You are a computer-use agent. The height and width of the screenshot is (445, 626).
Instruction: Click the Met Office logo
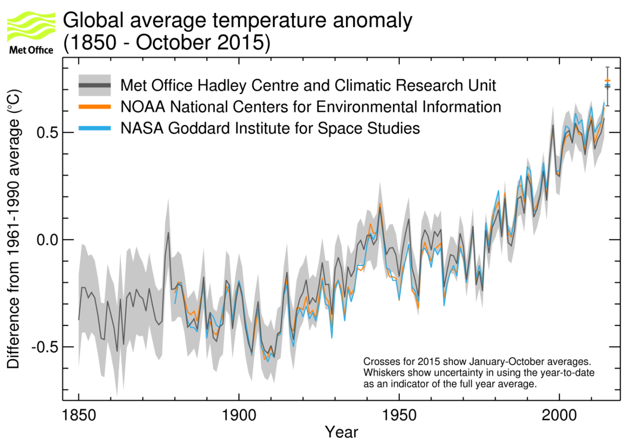point(31,33)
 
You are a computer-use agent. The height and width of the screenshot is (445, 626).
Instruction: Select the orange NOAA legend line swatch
point(94,107)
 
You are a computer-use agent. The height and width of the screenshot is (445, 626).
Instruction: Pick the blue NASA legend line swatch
point(94,128)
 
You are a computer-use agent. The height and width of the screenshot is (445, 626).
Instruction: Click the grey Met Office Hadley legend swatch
point(94,85)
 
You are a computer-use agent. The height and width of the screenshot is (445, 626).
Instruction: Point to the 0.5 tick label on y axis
point(48,133)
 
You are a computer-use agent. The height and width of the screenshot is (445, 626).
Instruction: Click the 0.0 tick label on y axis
point(48,240)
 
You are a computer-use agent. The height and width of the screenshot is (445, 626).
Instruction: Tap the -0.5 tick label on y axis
point(45,347)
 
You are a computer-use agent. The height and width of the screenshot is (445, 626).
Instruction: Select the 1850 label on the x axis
point(79,415)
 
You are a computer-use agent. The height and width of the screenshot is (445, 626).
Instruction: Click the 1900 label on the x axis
point(239,415)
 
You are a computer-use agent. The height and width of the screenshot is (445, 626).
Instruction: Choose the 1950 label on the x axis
point(399,415)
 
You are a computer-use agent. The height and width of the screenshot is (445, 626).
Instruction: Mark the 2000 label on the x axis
point(559,415)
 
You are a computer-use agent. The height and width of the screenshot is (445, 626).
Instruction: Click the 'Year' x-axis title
point(341,432)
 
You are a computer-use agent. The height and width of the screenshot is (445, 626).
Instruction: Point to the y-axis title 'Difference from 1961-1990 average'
point(14,229)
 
